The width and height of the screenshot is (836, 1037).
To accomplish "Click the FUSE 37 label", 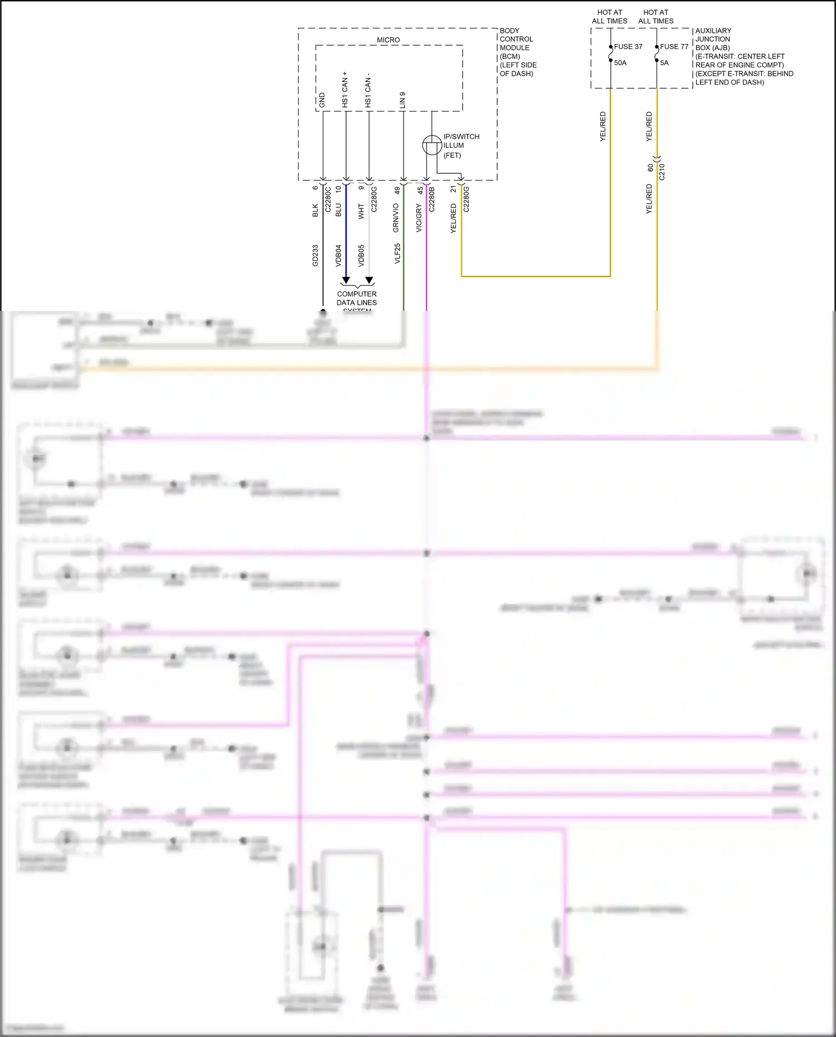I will point(628,47).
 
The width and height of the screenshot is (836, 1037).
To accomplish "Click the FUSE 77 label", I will point(674,47).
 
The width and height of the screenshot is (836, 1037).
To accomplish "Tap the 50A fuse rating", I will point(620,63).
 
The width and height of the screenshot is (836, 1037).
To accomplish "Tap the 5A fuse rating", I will point(664,63).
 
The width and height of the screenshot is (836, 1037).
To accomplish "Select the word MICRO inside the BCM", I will point(388,40).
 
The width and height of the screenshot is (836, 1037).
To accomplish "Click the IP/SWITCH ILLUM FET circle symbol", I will point(432,145).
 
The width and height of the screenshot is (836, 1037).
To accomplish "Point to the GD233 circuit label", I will point(315,255).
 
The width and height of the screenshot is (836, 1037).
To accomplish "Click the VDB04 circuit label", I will point(338,255).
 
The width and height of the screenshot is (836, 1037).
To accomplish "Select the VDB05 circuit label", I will point(361,255).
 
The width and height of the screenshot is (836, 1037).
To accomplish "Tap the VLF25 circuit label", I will point(397,254).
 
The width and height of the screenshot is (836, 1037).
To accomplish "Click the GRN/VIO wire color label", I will point(396,218).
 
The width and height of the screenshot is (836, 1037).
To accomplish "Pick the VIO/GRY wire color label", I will point(419,218).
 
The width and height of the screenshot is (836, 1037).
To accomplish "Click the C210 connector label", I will point(662,172).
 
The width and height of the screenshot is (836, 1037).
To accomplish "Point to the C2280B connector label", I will point(432,199).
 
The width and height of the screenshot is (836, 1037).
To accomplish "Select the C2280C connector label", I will point(328,199).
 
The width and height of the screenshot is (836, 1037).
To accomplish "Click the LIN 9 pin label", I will point(402,100).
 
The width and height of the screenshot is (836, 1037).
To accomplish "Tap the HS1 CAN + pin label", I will point(345,90).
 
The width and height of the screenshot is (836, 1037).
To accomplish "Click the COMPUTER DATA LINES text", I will point(357,298).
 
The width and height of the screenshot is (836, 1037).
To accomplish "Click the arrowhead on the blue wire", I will point(346,280).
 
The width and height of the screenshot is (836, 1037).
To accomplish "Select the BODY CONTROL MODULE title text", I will point(516,39).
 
